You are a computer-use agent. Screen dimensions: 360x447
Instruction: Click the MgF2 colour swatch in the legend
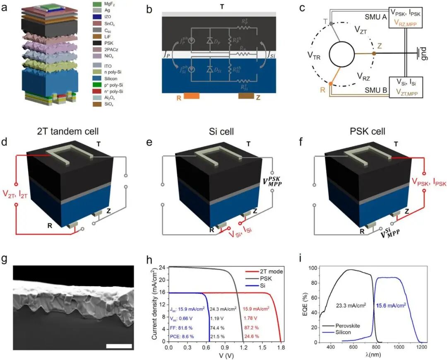click(x=97, y=4)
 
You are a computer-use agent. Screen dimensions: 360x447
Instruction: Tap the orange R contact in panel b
click(x=192, y=96)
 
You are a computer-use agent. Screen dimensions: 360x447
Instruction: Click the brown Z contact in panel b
click(x=246, y=96)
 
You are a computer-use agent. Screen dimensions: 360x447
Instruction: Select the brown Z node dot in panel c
click(x=374, y=53)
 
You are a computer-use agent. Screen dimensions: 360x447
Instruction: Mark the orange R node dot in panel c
click(x=330, y=84)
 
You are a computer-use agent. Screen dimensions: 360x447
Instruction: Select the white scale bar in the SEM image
click(x=118, y=346)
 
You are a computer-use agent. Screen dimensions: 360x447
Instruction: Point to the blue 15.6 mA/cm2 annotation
click(x=393, y=305)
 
